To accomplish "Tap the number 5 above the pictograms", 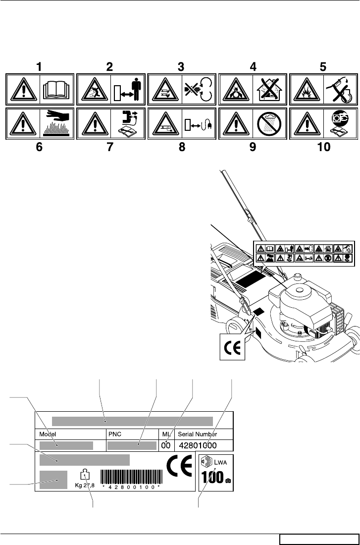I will tap(322, 66).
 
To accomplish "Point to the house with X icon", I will tap(270, 90).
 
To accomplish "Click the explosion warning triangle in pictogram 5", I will tap(307, 91).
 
